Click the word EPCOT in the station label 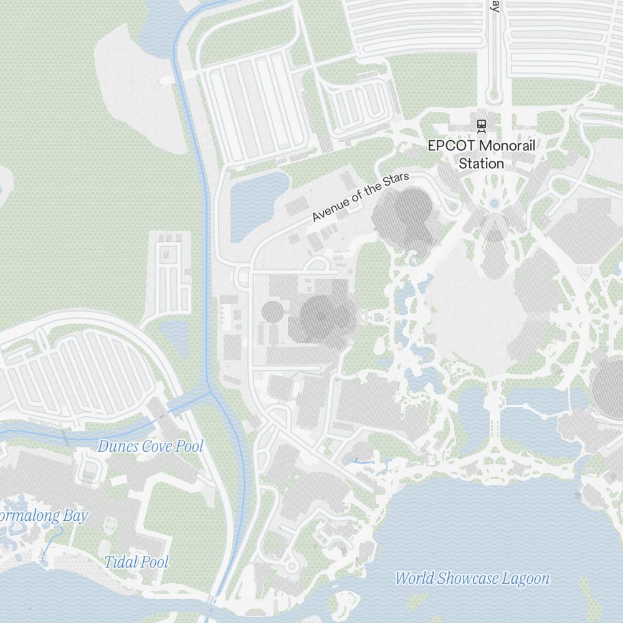(447, 146)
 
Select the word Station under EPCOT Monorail (481, 164)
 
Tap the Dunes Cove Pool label (150, 447)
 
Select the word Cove (156, 447)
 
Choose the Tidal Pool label (136, 562)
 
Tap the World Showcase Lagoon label (472, 579)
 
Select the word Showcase (467, 579)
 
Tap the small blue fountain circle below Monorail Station (495, 203)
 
